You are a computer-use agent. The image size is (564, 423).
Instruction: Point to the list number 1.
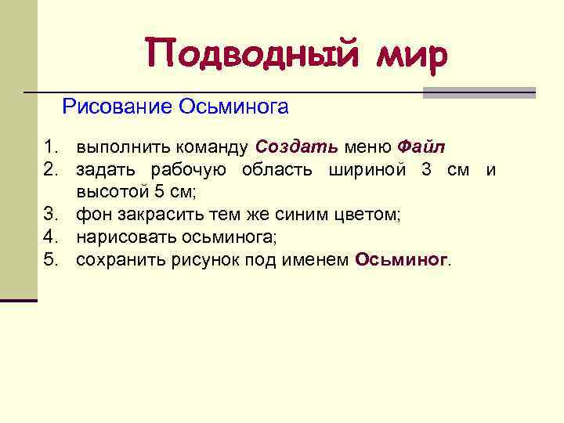(52, 147)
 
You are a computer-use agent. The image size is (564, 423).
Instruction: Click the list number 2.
(52, 170)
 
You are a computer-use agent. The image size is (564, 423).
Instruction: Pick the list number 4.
(52, 237)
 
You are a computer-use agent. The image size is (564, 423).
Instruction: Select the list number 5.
(52, 260)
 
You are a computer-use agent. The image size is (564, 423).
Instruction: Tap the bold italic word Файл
(421, 147)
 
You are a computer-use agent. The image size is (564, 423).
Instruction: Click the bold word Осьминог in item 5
(401, 260)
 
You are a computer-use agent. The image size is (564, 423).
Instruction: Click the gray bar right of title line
(479, 92)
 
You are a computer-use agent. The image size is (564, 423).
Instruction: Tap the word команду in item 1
(213, 147)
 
